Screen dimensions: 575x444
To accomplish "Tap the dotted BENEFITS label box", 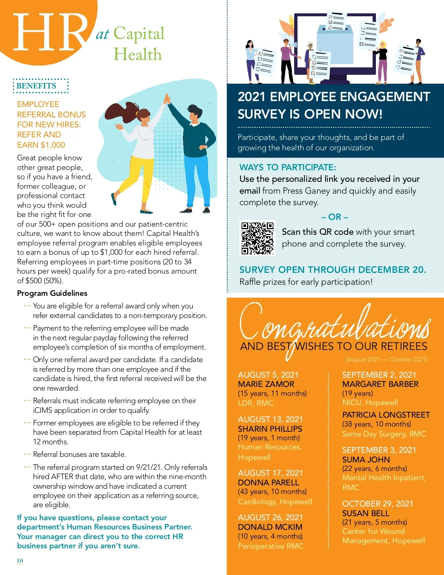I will pos(41,86).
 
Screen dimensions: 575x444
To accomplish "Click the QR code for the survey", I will pos(258,238).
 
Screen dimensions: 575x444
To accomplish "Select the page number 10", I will pos(20,561).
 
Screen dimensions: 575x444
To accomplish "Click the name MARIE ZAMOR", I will pos(266,384).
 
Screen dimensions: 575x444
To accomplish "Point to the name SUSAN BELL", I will pos(366,513).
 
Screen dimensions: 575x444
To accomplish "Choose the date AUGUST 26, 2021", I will pos(270,517).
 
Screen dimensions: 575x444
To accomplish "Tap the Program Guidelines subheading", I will pos(52,293).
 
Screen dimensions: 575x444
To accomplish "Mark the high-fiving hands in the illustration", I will pos(166,99).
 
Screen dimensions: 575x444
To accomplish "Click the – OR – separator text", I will pos(335,217).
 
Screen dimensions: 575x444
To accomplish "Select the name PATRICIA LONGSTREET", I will pos(386,415).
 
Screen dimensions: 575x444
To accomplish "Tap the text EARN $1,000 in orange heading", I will pos(41,145).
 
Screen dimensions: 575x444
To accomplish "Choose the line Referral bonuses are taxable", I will pos(80,454).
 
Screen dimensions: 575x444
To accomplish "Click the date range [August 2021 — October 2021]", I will pos(387,360).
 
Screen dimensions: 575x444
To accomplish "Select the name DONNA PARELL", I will pos(268,482).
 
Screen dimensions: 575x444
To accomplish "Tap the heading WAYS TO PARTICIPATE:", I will pos(287,167).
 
